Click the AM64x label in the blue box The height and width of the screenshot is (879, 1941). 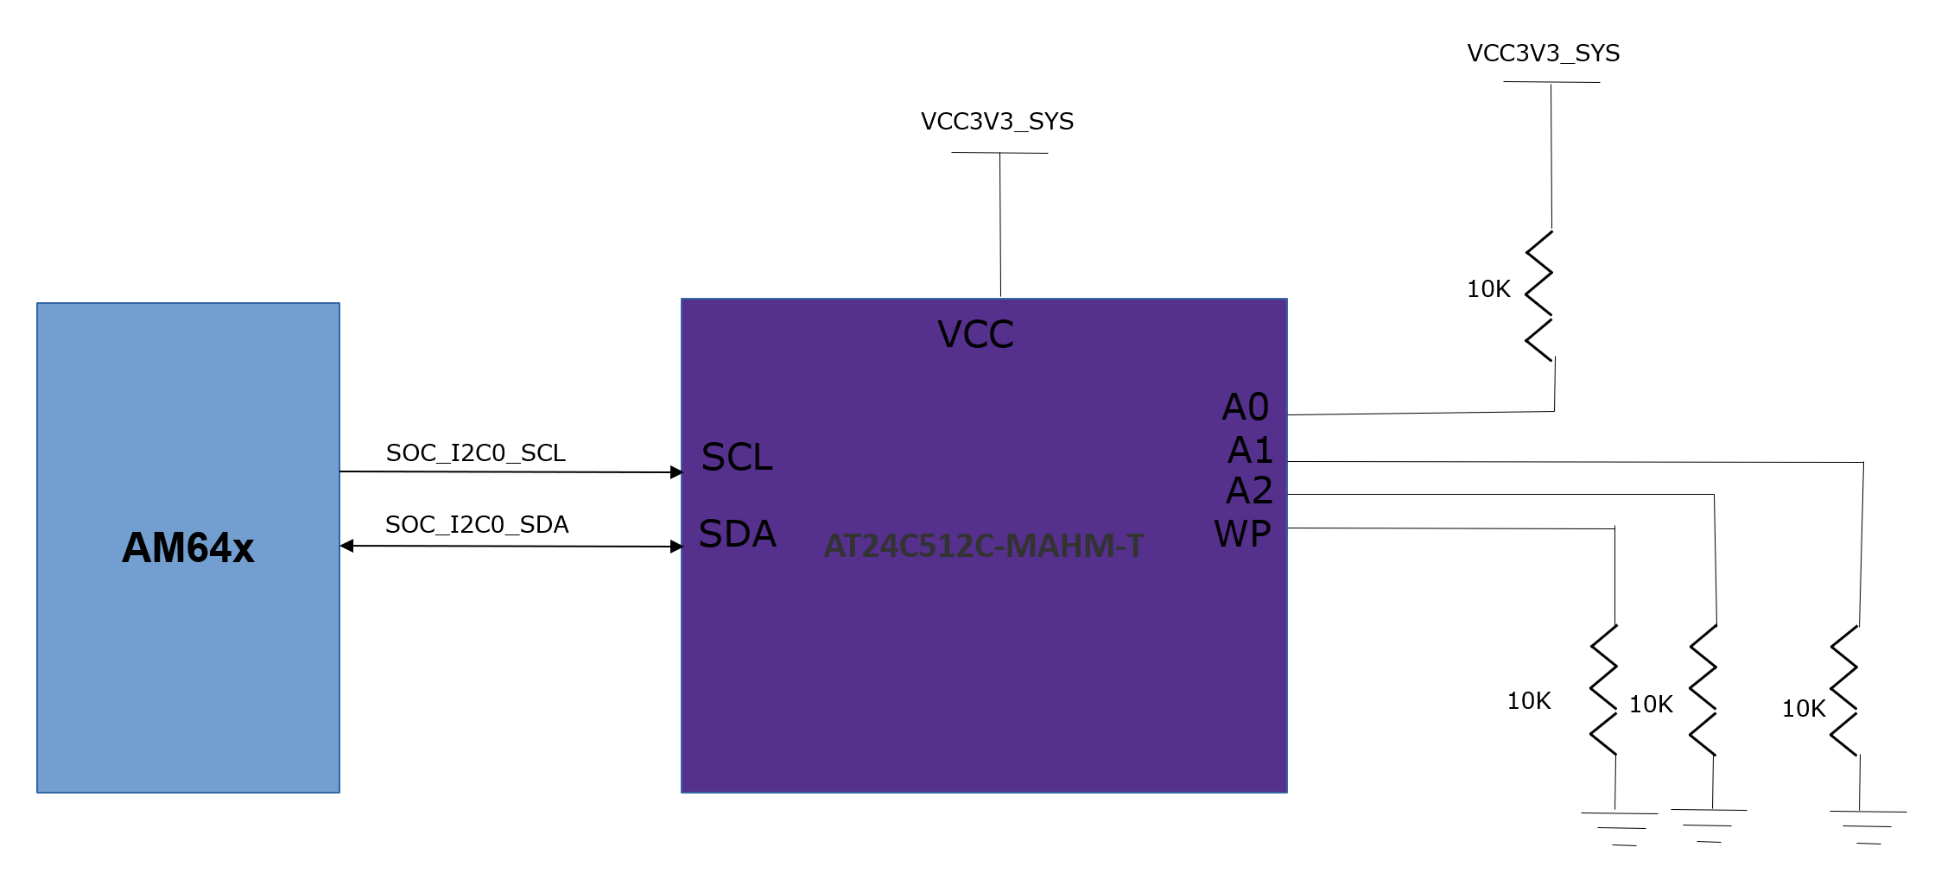[188, 547]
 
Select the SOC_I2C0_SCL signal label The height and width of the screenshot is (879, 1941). [475, 453]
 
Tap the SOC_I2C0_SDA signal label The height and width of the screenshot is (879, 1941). [476, 525]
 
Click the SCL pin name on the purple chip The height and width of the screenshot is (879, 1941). [737, 458]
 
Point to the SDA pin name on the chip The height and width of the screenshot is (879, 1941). [737, 534]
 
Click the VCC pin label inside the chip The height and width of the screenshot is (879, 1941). [975, 335]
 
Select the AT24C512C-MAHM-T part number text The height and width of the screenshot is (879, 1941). [984, 546]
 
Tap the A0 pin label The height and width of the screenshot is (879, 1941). [1245, 407]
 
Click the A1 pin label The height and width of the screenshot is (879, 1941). [1249, 450]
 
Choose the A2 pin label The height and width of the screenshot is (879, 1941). [1249, 490]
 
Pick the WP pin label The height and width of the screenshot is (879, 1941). [1242, 534]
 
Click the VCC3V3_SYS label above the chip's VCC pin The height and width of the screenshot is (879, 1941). [997, 122]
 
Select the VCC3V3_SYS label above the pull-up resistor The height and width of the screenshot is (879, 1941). [1543, 54]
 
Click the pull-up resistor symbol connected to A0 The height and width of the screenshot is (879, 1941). [1539, 295]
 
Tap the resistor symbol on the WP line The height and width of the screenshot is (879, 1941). [1604, 690]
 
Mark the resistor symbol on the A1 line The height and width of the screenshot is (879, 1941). [1843, 691]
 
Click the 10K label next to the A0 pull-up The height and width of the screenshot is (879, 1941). [1488, 289]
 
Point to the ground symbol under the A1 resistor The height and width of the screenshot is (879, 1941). [1868, 826]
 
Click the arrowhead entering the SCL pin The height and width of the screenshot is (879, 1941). [676, 472]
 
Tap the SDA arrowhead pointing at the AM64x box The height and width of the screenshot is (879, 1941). [347, 546]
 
